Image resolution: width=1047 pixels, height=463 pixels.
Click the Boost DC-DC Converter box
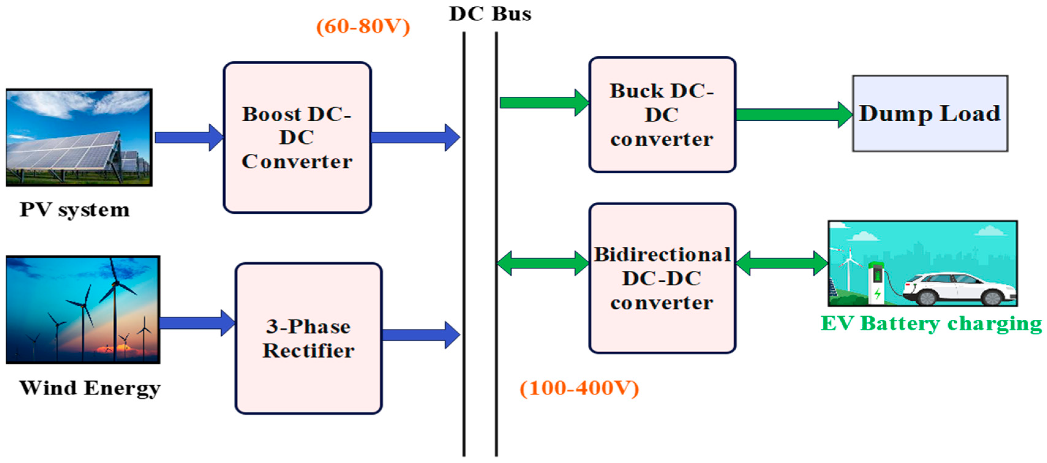[297, 137]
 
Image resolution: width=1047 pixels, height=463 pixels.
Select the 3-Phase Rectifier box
[308, 338]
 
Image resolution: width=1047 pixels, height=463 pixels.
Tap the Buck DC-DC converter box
[662, 115]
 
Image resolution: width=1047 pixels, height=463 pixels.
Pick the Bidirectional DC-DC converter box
[662, 278]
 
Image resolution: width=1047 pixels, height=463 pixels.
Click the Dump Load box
[930, 113]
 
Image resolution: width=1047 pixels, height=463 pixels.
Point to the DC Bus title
[490, 14]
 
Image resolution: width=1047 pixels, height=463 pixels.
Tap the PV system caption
[74, 210]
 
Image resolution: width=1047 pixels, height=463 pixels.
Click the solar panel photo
[79, 137]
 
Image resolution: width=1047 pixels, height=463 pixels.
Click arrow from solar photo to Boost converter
[189, 137]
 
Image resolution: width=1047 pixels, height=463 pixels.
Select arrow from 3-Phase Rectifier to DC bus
[421, 335]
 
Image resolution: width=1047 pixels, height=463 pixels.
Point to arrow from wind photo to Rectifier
[197, 323]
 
